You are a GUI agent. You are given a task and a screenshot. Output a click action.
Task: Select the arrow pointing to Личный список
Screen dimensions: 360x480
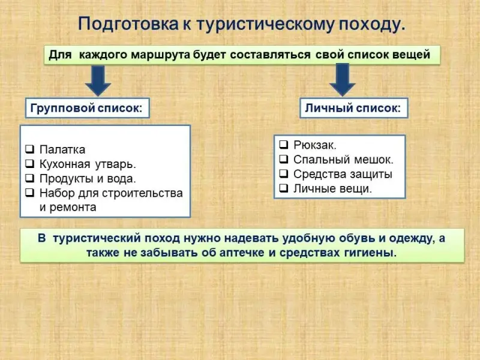point(343,79)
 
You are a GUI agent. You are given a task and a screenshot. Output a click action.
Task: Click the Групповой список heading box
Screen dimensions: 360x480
point(87,109)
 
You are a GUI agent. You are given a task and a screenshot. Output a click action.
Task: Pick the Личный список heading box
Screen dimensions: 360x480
point(353,109)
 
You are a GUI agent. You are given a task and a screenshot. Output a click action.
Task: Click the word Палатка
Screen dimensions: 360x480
point(62,149)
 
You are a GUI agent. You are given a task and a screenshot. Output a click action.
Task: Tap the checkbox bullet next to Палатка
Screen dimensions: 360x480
point(29,149)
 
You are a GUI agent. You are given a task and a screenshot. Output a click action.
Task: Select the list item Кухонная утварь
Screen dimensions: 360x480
point(88,164)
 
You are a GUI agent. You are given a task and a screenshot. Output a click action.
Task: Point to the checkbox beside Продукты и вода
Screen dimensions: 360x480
point(29,178)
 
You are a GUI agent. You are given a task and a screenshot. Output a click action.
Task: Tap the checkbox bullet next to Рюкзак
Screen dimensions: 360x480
point(284,145)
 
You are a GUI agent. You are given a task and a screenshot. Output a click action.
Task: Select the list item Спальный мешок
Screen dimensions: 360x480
point(343,160)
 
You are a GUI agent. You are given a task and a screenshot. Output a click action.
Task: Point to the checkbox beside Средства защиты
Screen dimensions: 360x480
point(284,174)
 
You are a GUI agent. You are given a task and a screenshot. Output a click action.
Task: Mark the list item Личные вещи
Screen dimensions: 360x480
point(332,188)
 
